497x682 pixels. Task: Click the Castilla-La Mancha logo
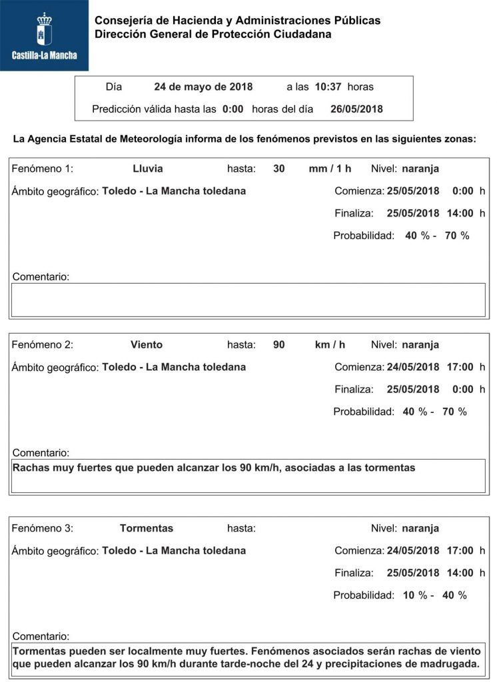44,35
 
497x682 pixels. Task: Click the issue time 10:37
329,87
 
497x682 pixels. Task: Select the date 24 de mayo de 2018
203,87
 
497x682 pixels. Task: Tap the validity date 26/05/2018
356,109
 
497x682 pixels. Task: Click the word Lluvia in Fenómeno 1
147,169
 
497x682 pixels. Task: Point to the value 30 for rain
279,169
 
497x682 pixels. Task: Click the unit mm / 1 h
330,169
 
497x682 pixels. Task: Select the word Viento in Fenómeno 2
147,344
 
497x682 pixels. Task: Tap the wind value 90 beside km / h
279,344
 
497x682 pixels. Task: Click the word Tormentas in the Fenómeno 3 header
147,528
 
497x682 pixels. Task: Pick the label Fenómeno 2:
43,344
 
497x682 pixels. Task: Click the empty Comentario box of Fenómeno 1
248,300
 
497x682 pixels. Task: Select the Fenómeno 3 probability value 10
408,595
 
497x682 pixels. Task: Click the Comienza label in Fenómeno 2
359,367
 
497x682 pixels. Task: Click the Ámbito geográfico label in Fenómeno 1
55,192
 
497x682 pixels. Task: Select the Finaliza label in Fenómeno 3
353,573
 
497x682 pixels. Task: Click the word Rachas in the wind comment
31,468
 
